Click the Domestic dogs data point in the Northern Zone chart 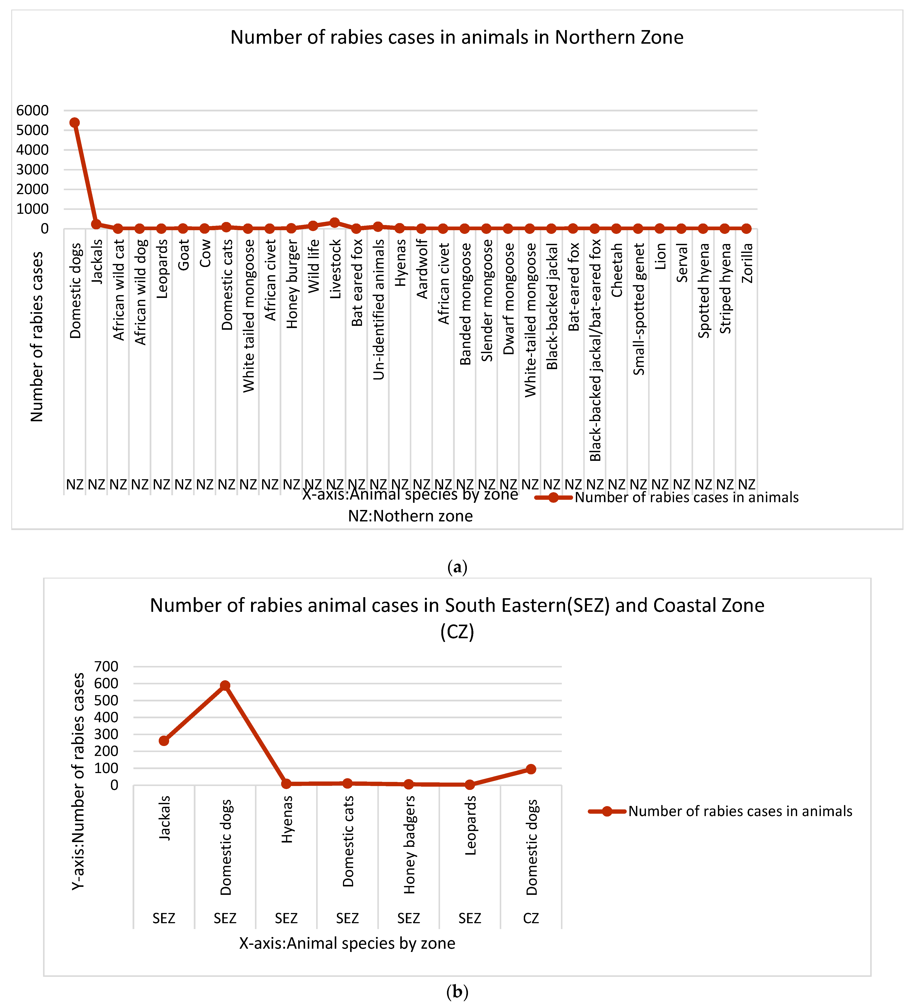(x=74, y=122)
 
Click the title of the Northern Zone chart (x=457, y=37)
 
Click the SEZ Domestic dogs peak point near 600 (x=225, y=685)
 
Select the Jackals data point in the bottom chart (x=164, y=741)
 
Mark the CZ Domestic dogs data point (x=531, y=769)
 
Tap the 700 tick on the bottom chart (x=106, y=667)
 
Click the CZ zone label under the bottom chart (x=531, y=918)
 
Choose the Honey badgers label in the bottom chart (x=409, y=845)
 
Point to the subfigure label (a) (x=457, y=567)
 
